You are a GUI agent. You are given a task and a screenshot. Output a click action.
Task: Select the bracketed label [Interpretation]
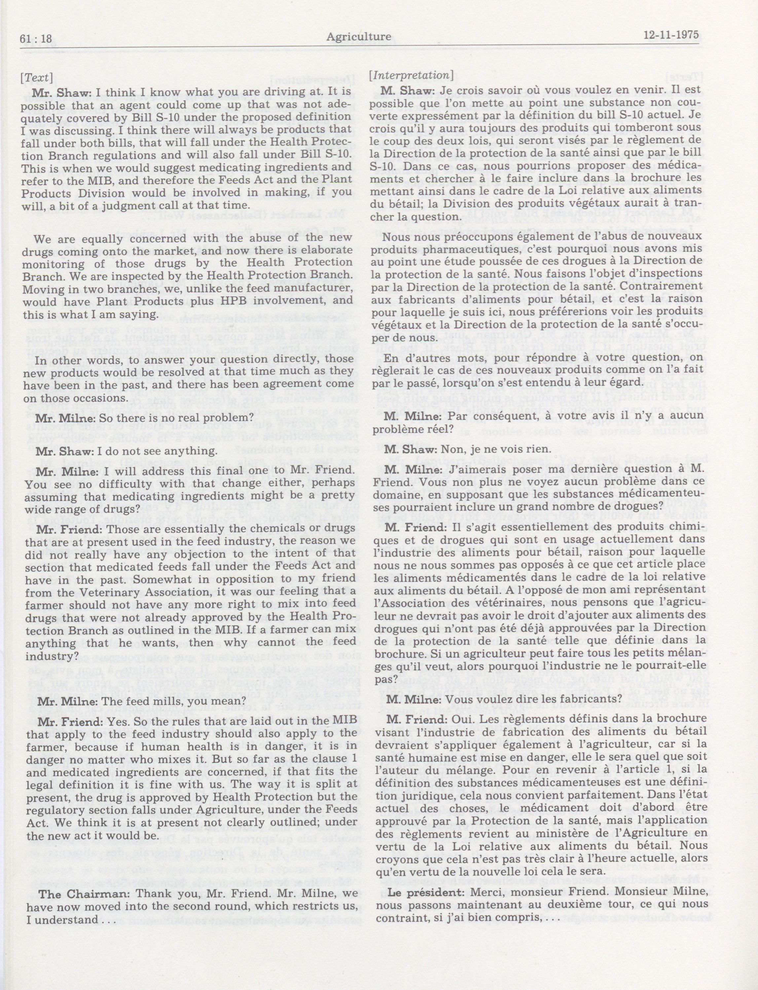coord(412,75)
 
